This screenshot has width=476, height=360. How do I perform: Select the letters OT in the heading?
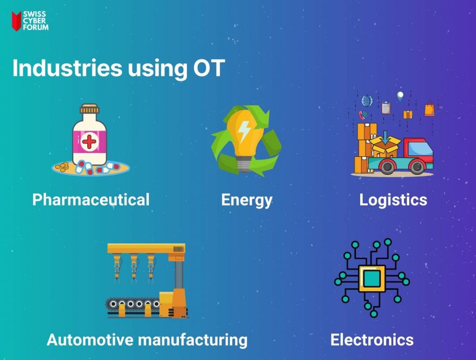pyautogui.click(x=209, y=68)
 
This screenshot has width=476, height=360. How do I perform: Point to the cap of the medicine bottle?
pyautogui.click(x=89, y=109)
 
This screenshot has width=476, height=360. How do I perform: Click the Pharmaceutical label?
pyautogui.click(x=91, y=200)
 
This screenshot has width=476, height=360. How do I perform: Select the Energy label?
pyautogui.click(x=246, y=200)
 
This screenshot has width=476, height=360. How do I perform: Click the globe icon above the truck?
pyautogui.click(x=367, y=101)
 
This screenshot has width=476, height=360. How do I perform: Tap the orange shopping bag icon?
pyautogui.click(x=430, y=109)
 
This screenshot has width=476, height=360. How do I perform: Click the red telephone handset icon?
pyautogui.click(x=362, y=115)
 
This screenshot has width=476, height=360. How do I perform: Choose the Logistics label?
pyautogui.click(x=393, y=200)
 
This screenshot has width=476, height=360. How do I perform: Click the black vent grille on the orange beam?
pyautogui.click(x=178, y=249)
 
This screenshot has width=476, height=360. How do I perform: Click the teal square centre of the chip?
pyautogui.click(x=371, y=279)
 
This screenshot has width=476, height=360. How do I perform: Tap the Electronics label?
pyautogui.click(x=372, y=340)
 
